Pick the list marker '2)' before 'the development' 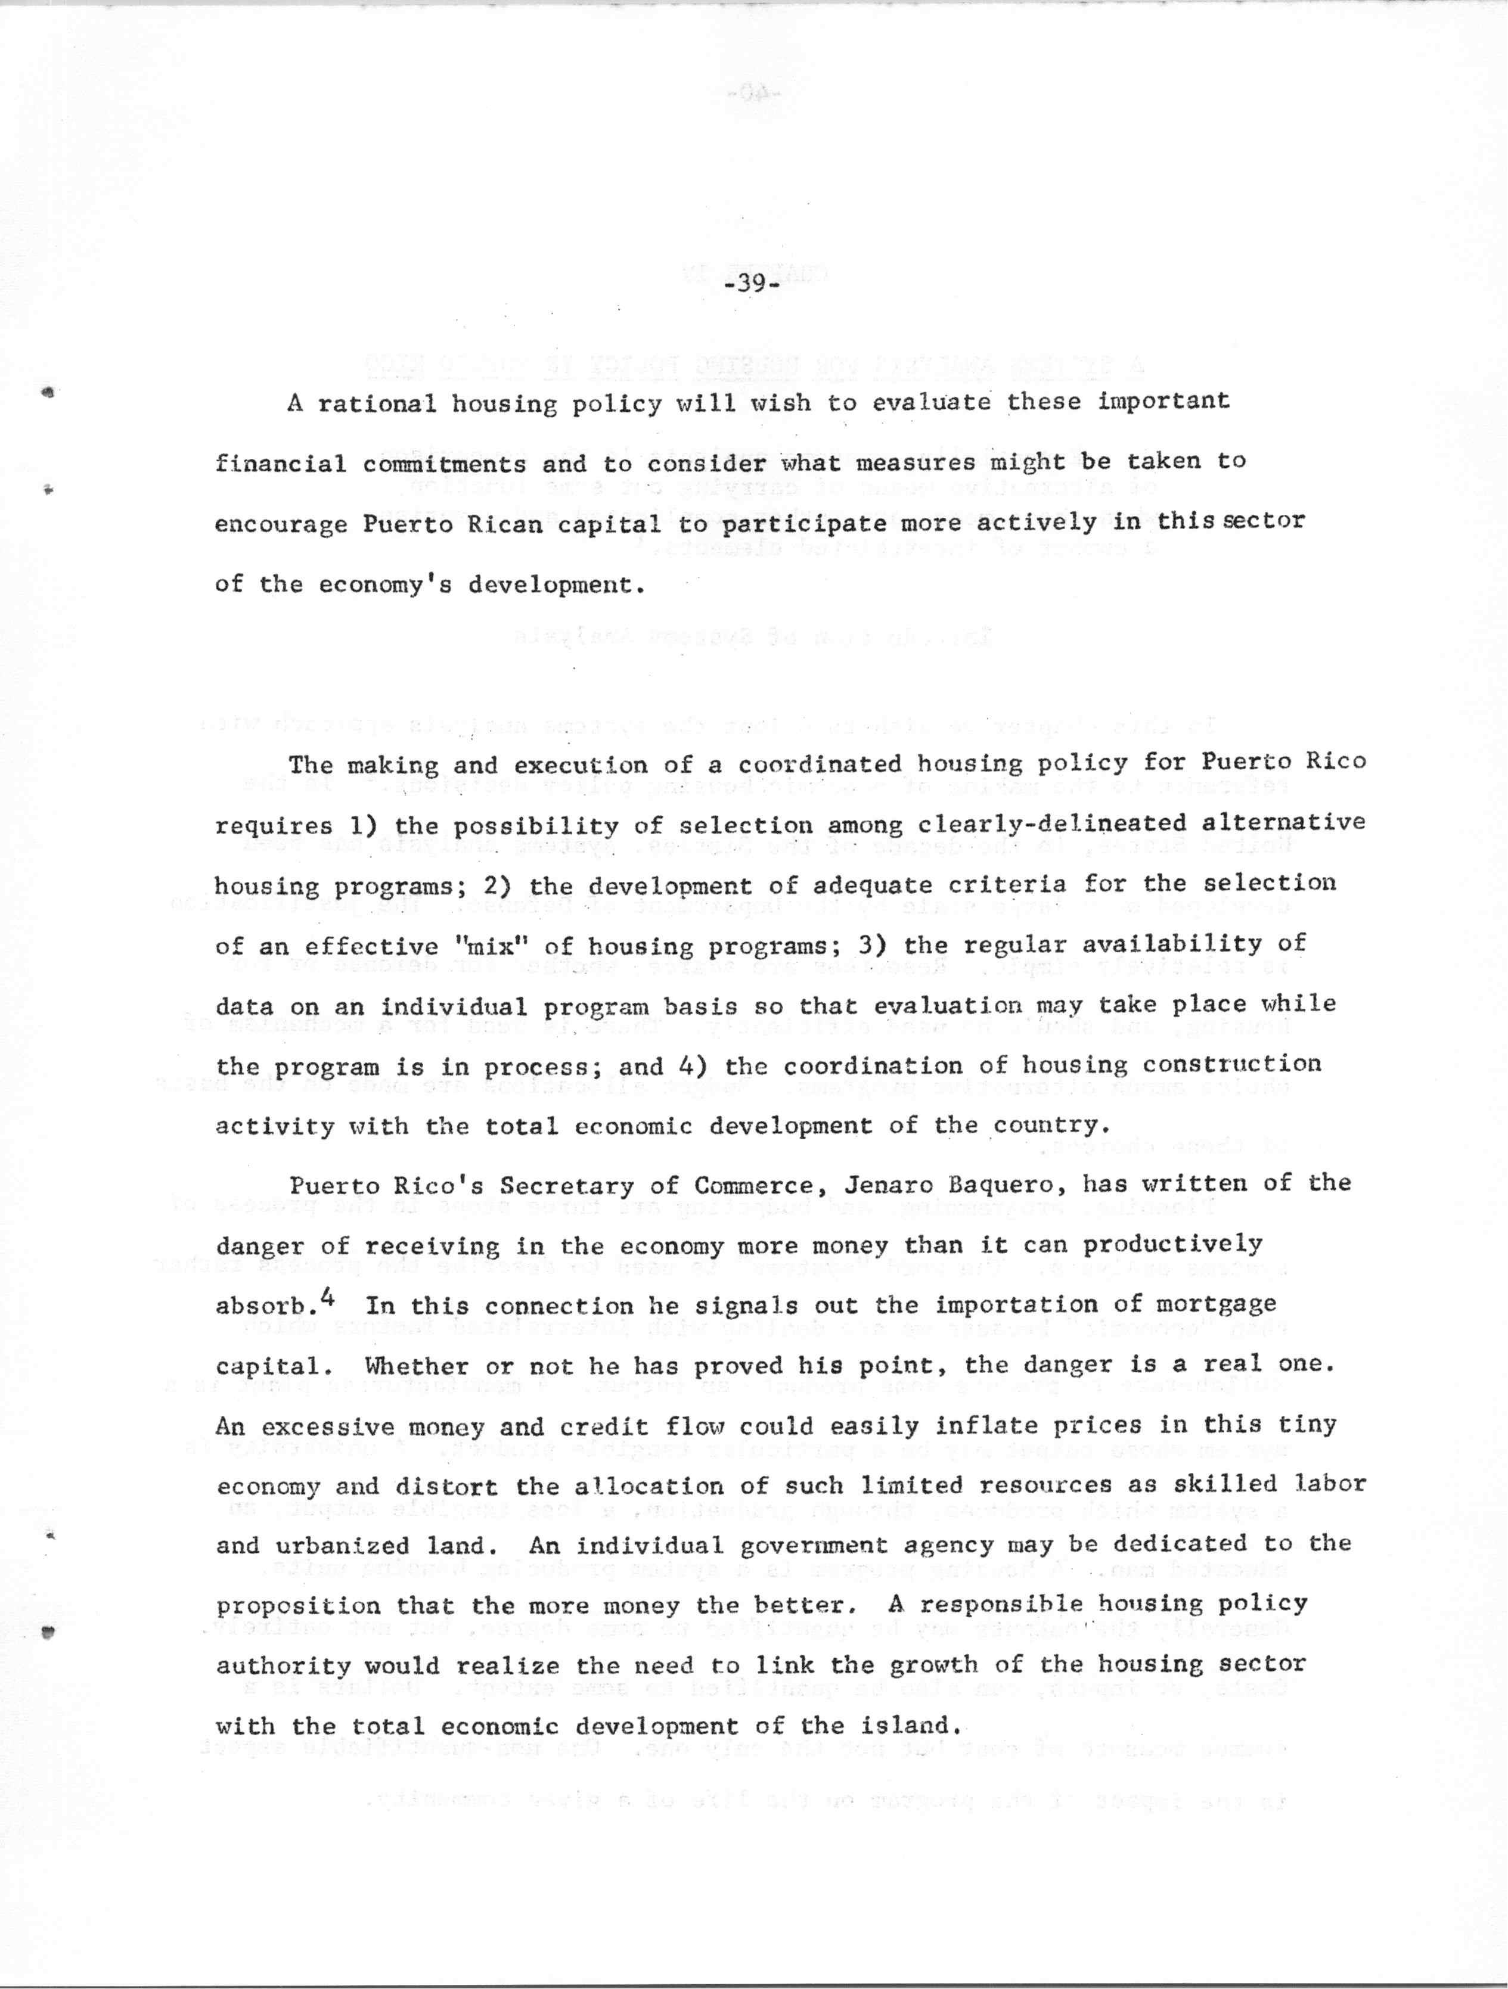[x=499, y=885]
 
